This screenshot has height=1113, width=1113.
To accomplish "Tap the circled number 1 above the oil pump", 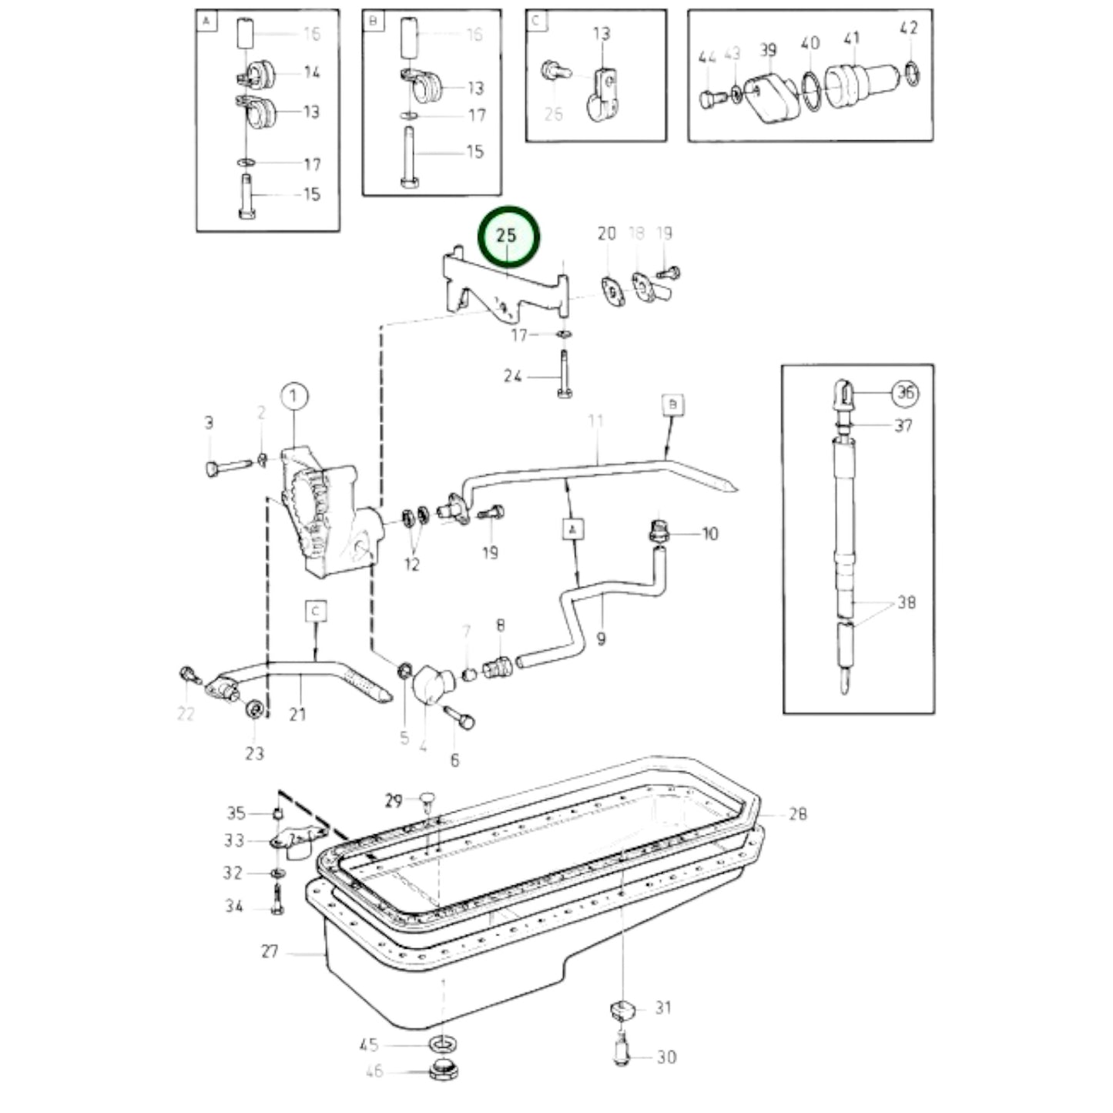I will point(293,397).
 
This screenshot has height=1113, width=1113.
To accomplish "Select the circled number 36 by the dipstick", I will point(905,393).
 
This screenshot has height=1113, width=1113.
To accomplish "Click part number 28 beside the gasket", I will point(797,813).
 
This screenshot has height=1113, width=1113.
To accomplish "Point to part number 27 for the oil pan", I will point(269,951).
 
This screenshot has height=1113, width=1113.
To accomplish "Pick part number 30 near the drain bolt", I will point(666,1057).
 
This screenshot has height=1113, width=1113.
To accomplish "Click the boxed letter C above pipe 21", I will point(316,612).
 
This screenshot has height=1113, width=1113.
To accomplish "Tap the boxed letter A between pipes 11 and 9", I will point(572,529).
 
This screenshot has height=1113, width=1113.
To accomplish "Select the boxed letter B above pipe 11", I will point(672,404).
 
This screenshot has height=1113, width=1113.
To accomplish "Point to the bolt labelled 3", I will point(228,466).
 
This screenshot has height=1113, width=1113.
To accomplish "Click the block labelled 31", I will point(621,1008).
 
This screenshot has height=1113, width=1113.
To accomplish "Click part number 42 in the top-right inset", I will point(909,28).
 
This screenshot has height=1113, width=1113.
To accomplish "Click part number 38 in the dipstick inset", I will point(907,602).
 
